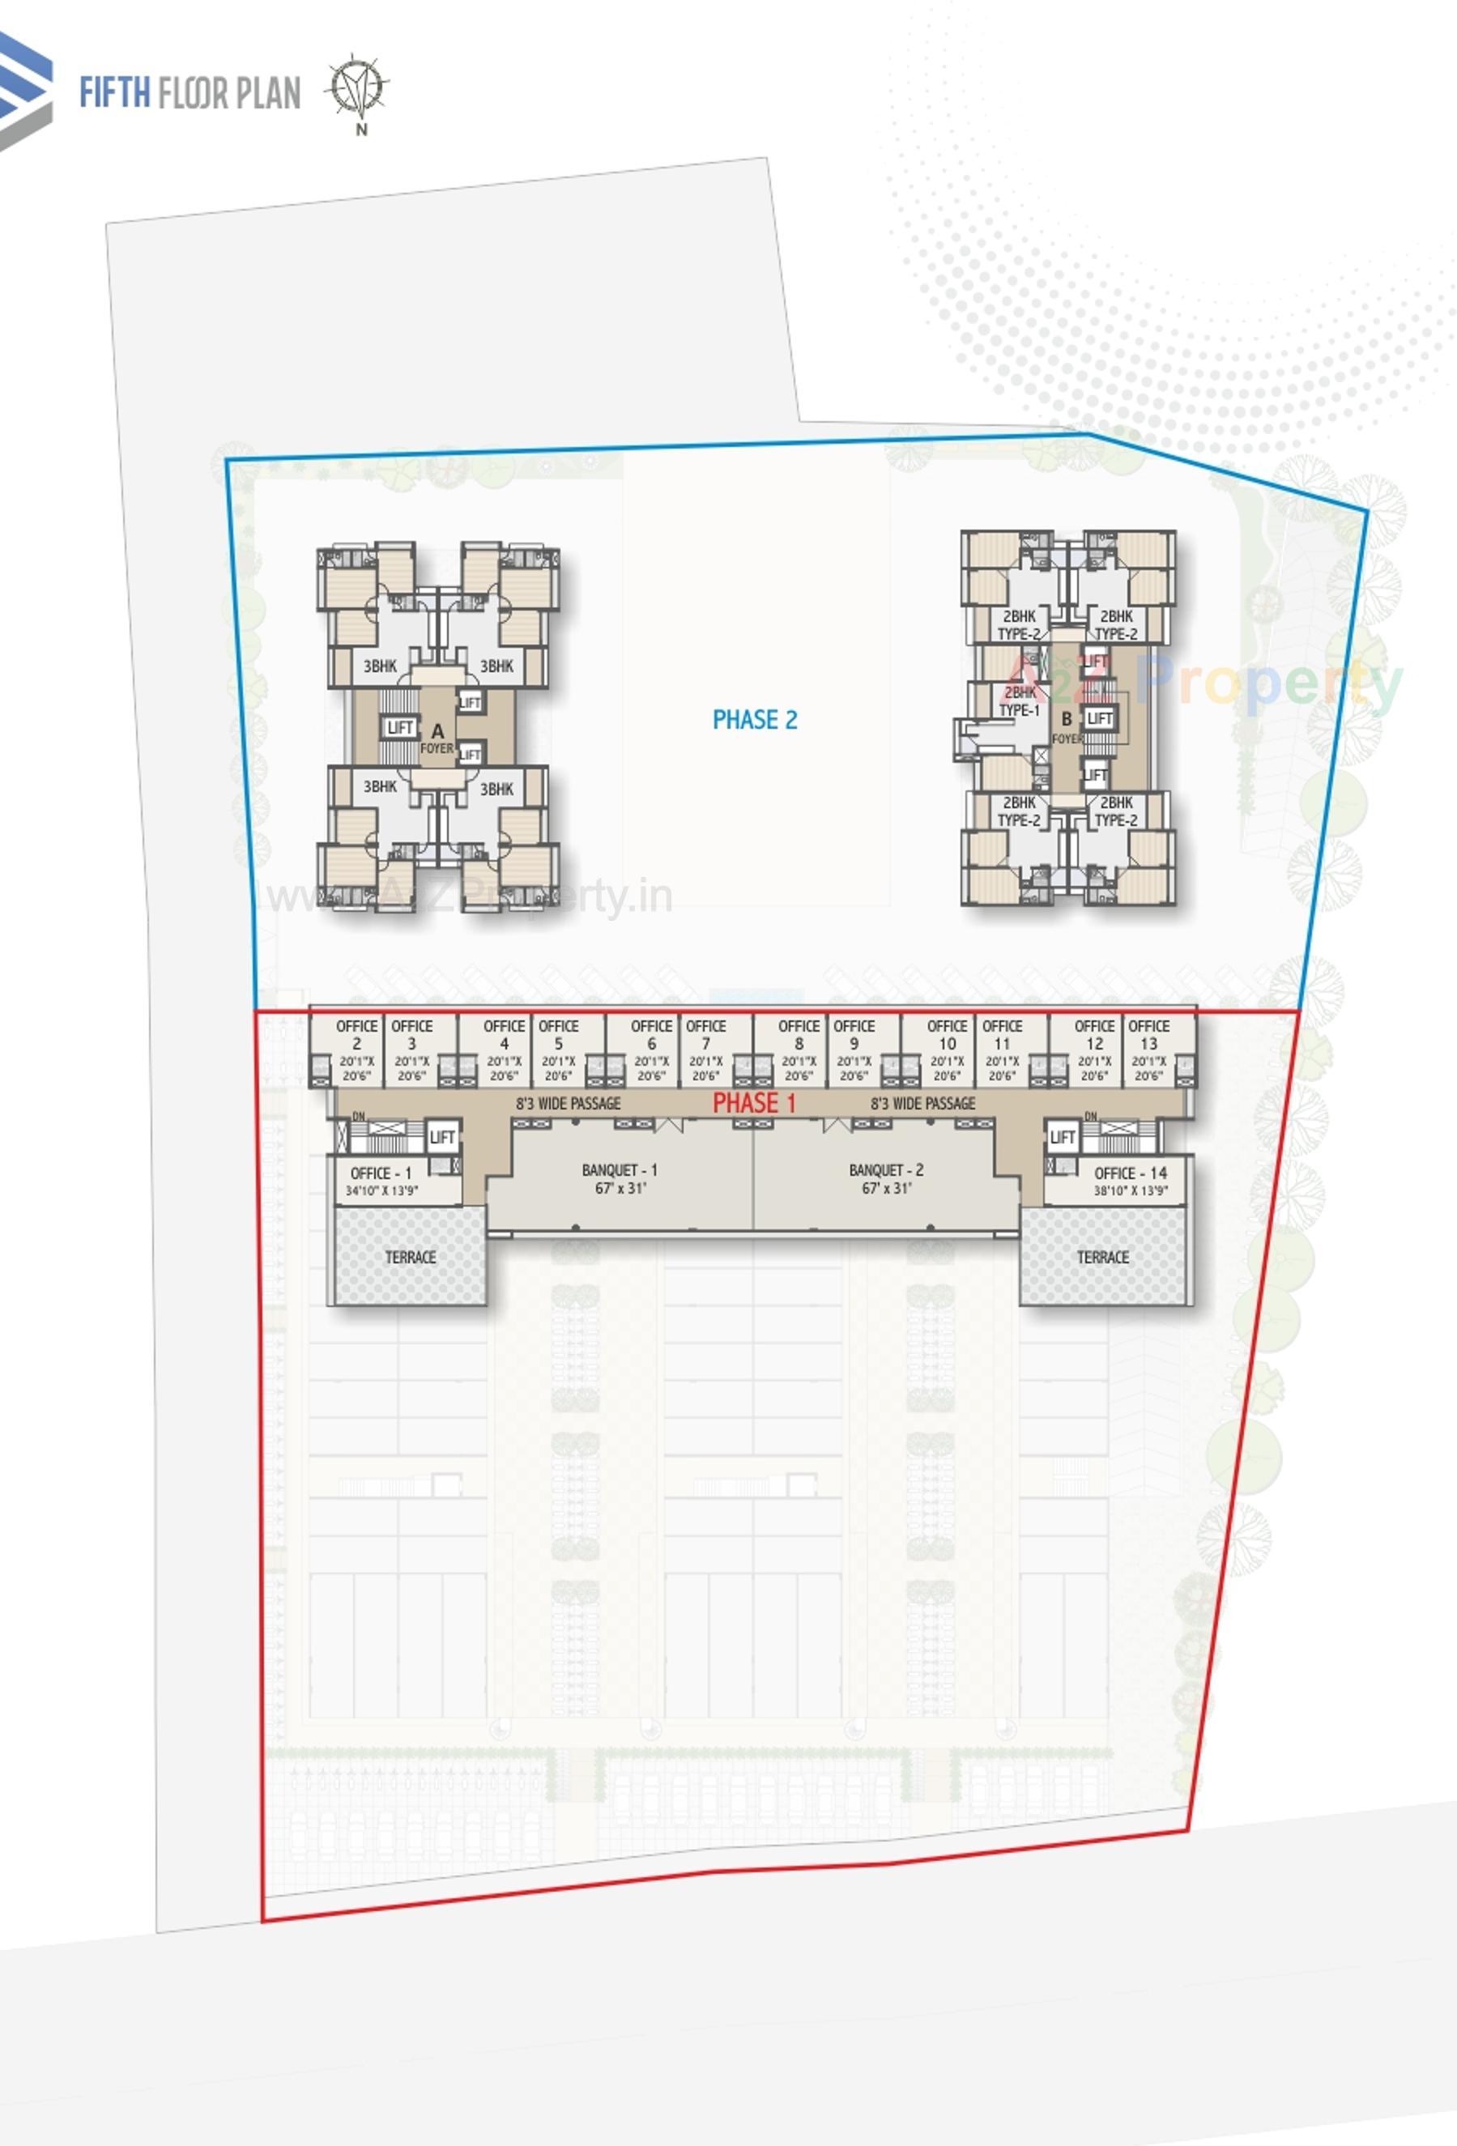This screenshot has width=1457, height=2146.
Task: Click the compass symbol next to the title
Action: [357, 90]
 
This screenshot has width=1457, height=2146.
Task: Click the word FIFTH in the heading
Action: [113, 93]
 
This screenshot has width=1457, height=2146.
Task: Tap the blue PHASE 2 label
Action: [753, 719]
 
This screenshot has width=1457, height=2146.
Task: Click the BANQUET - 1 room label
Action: [619, 1178]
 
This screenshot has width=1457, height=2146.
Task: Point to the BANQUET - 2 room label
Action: [885, 1178]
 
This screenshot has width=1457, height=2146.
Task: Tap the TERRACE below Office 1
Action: [410, 1257]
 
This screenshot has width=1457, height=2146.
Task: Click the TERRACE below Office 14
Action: [1101, 1257]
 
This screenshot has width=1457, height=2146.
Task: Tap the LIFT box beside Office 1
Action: [441, 1137]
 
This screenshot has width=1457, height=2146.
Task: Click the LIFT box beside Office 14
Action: [1062, 1137]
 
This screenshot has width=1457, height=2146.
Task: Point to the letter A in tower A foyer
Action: [437, 730]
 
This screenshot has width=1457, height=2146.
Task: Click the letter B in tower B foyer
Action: [1066, 718]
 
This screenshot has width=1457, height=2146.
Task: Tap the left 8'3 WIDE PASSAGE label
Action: [567, 1102]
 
